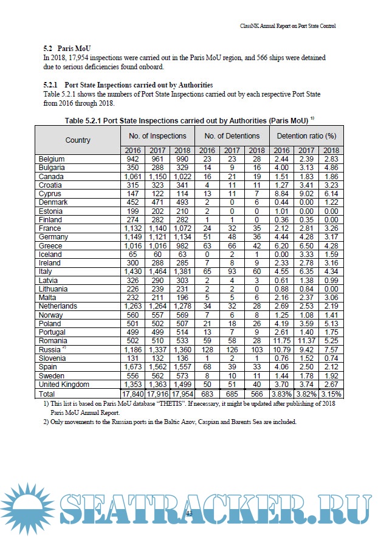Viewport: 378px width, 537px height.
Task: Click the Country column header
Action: [x=78, y=140]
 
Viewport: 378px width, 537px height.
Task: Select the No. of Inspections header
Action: [x=158, y=136]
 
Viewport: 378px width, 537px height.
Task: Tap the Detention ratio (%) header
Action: [x=306, y=136]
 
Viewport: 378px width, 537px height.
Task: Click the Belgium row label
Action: [x=52, y=159]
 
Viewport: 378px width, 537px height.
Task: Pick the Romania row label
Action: [x=53, y=341]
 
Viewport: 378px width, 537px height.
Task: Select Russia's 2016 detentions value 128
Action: [x=207, y=350]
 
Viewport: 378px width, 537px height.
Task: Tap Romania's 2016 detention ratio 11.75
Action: [x=281, y=341]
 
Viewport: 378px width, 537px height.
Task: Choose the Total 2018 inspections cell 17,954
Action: [x=182, y=393]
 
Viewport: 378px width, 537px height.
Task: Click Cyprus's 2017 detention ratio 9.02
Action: [x=306, y=194]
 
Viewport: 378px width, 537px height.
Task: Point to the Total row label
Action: [x=48, y=393]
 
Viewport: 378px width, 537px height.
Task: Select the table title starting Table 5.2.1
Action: [x=189, y=120]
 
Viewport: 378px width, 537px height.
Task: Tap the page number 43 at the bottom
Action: [x=188, y=514]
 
